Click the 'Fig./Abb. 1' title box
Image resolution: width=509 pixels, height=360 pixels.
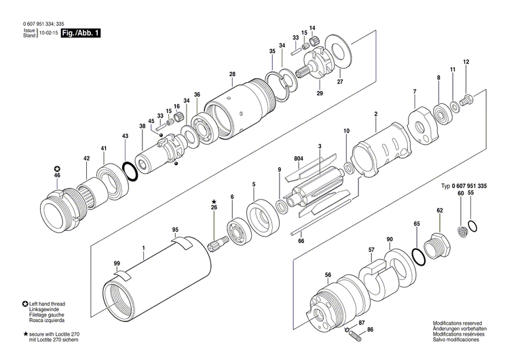80,33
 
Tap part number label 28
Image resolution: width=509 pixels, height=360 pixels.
232,74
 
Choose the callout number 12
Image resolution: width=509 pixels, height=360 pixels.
466,62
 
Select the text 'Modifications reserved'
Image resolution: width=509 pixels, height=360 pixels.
459,323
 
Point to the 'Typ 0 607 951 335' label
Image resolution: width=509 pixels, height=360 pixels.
464,185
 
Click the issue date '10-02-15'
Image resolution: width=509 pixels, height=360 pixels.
48,33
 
